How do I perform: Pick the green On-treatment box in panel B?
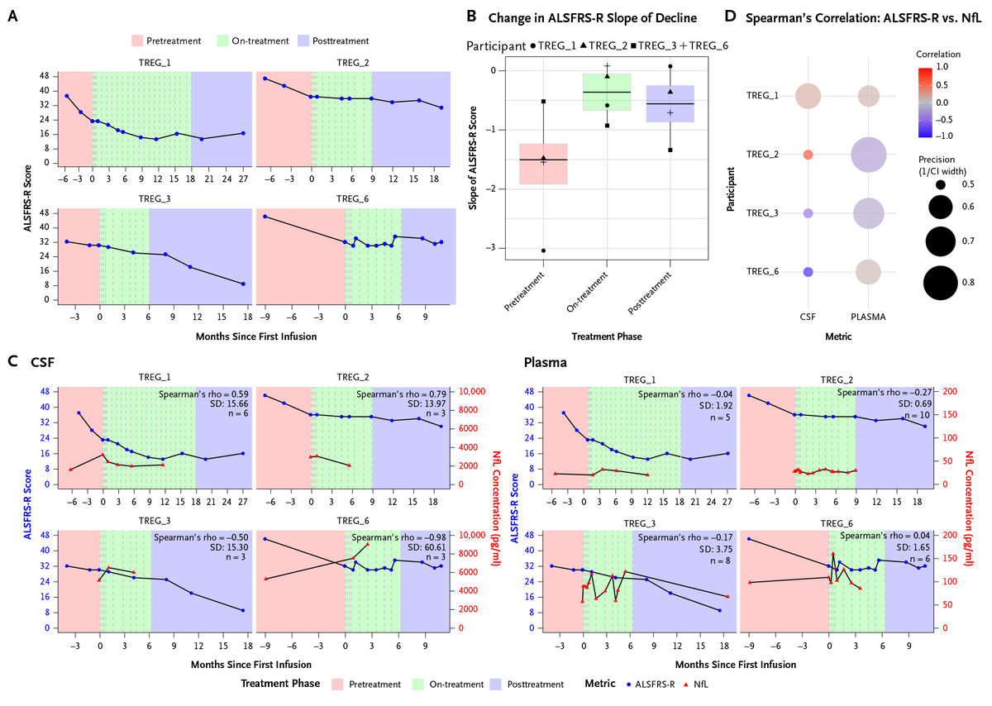coord(607,92)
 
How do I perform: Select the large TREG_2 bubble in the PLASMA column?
coord(867,155)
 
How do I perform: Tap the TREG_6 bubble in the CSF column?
coord(808,272)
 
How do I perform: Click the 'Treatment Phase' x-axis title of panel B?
coord(606,336)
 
